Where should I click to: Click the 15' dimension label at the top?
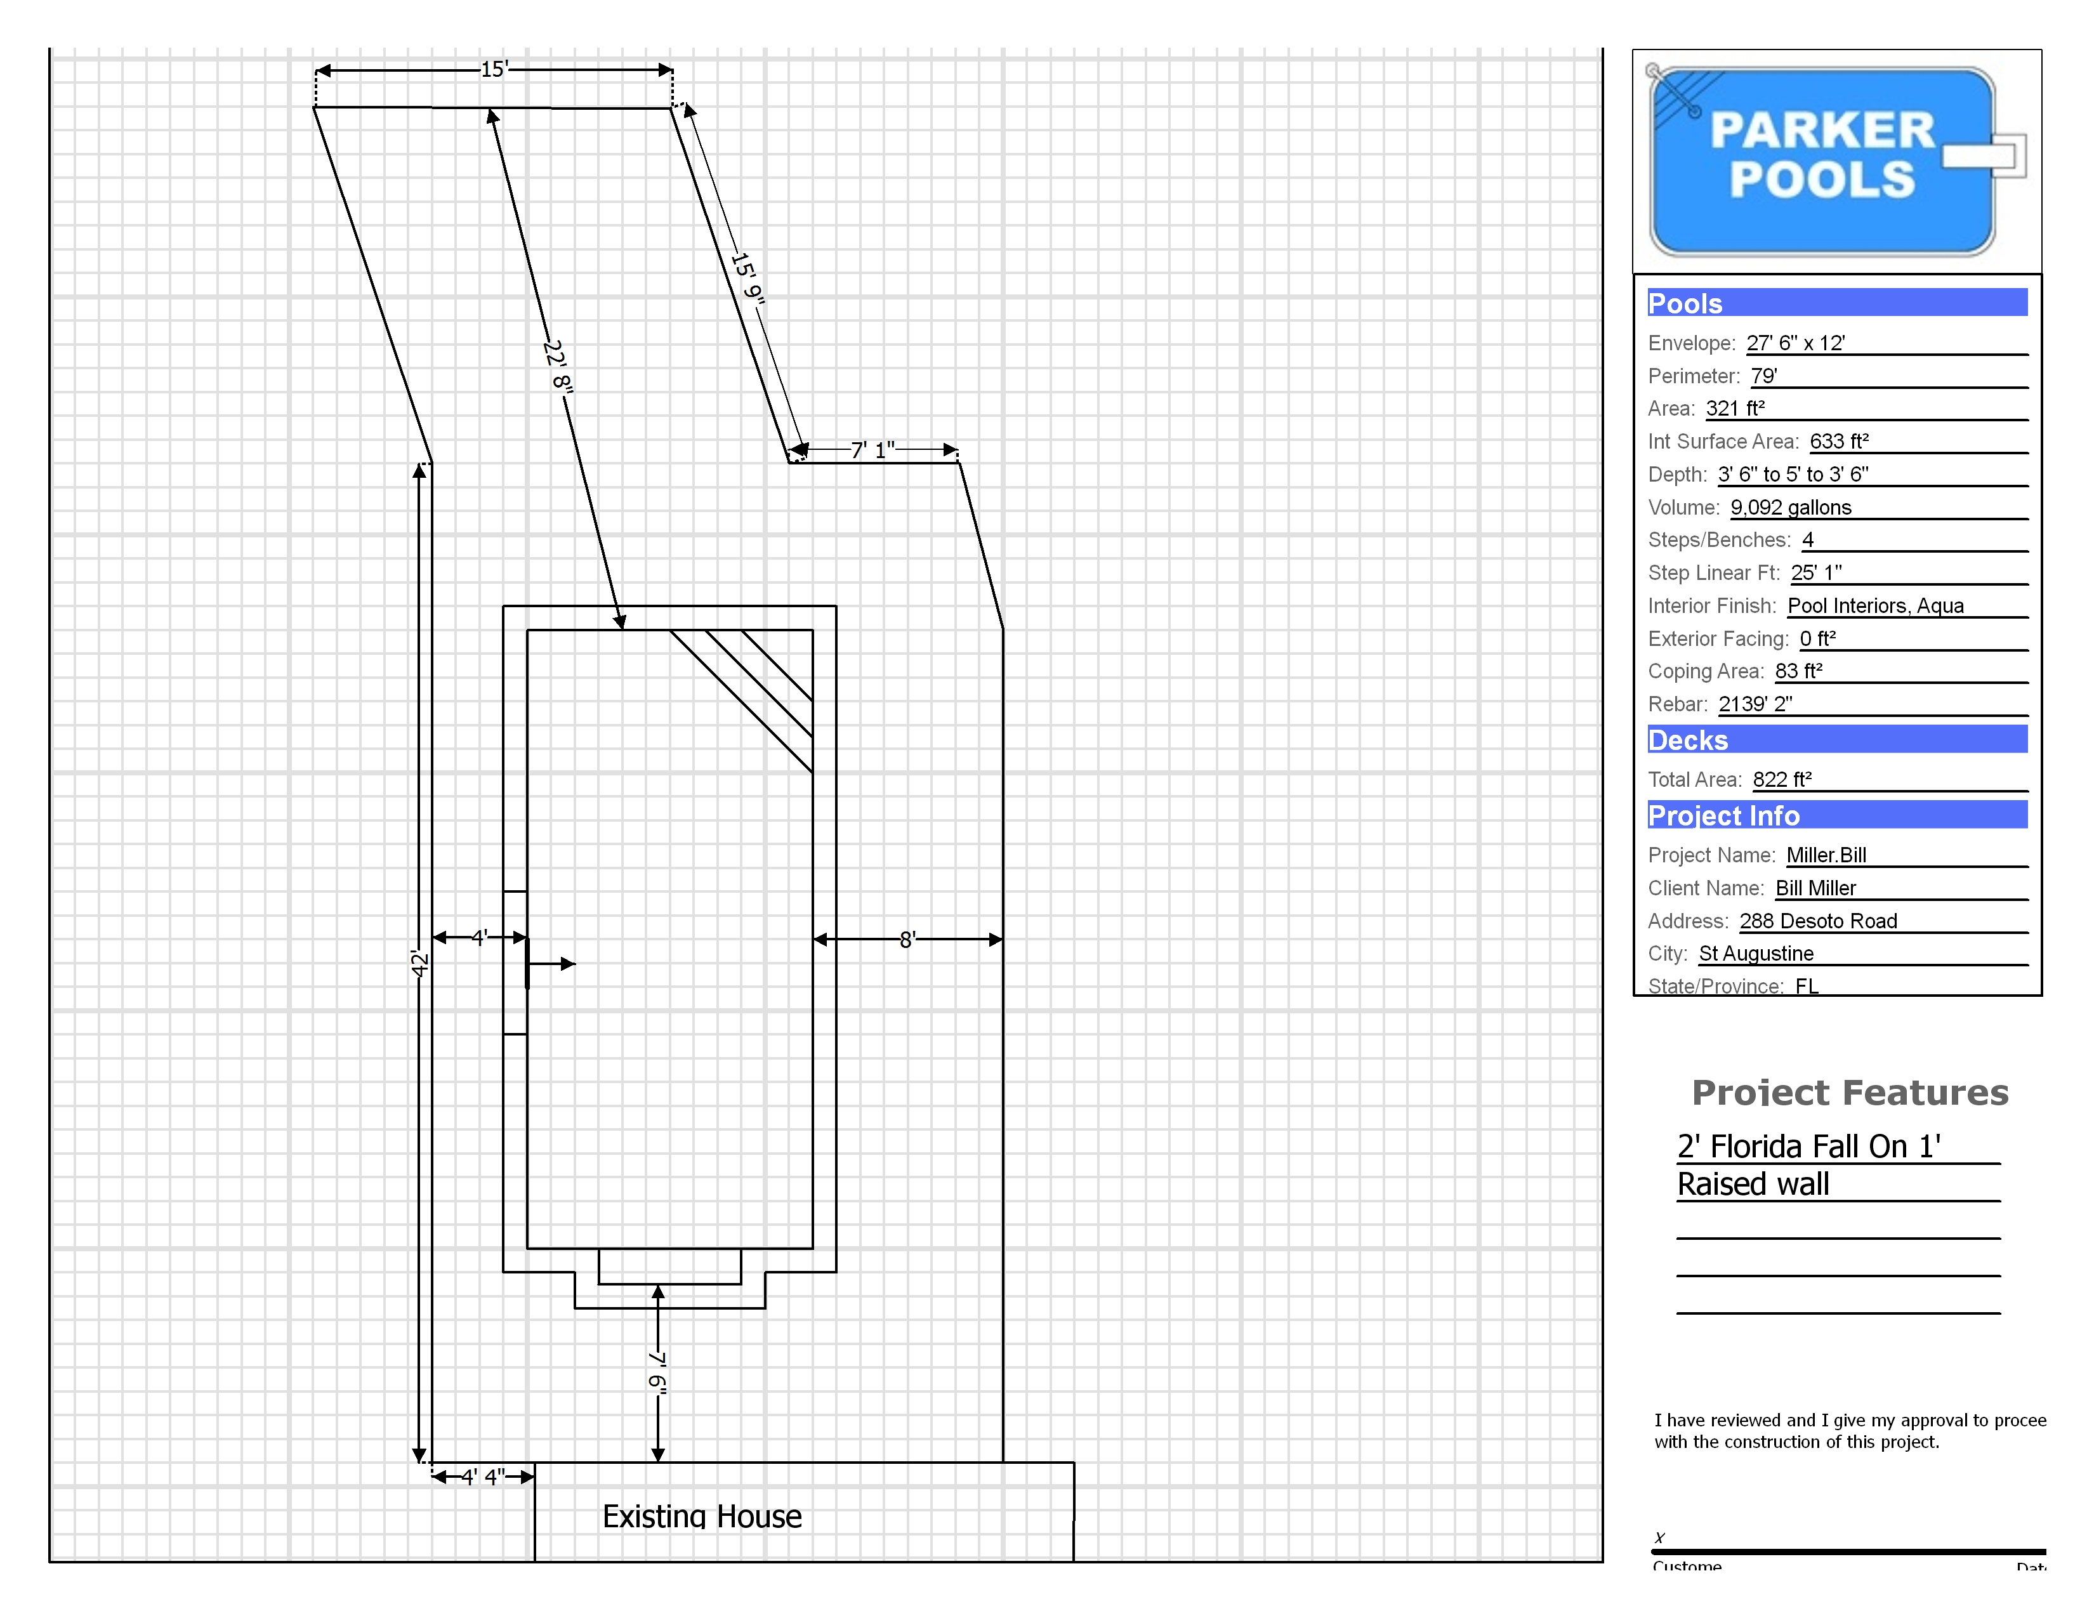click(x=494, y=69)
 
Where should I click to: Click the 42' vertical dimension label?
click(x=419, y=963)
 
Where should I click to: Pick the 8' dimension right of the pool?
click(x=907, y=939)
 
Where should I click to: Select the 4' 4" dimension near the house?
click(x=482, y=1476)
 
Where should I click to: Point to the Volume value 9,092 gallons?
click(x=1790, y=507)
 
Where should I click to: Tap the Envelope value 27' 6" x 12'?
click(x=1795, y=343)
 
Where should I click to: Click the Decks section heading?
click(x=1687, y=740)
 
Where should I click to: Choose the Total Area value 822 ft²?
click(x=1781, y=779)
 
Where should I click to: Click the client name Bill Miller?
click(x=1815, y=888)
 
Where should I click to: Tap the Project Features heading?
click(x=1850, y=1092)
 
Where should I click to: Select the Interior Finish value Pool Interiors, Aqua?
click(x=1875, y=606)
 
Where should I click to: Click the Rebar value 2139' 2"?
click(x=1755, y=704)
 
